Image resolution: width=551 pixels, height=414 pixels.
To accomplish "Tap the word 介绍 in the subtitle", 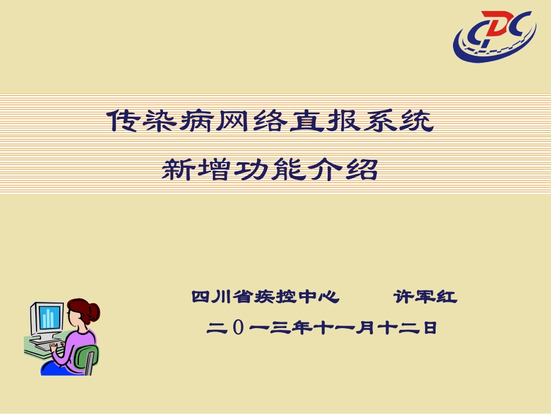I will (x=345, y=170).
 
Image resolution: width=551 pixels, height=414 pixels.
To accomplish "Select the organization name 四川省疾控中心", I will (x=266, y=298).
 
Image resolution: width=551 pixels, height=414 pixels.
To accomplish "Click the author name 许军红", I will (x=425, y=298).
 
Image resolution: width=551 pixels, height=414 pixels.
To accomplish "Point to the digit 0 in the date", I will (x=238, y=329).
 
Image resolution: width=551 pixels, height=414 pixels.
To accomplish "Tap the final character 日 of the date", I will (x=429, y=329).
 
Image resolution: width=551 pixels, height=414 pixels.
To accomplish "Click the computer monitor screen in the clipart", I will (x=49, y=316).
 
